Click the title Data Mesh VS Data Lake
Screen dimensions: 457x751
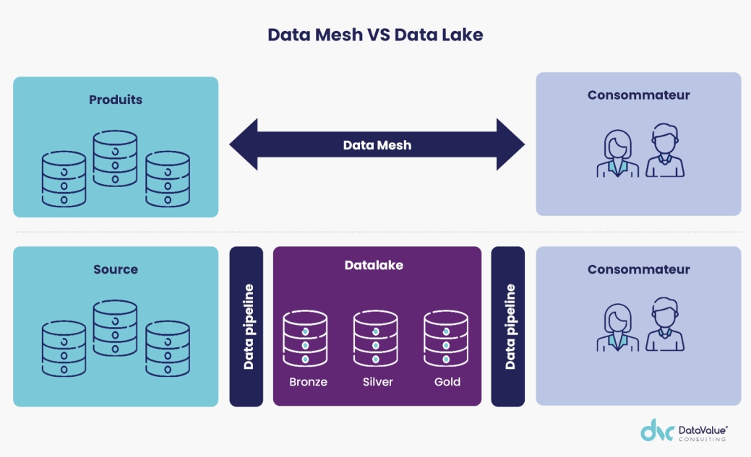(x=375, y=35)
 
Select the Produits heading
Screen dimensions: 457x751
(x=116, y=100)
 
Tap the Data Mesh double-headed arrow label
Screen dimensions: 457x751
(x=377, y=145)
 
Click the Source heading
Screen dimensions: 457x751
(x=116, y=269)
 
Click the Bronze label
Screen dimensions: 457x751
(x=308, y=382)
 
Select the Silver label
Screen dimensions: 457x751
(x=377, y=382)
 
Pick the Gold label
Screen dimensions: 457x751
(x=447, y=382)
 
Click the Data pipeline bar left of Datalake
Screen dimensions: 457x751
(x=246, y=326)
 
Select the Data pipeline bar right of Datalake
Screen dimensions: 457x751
(x=508, y=326)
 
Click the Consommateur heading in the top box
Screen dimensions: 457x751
(x=638, y=95)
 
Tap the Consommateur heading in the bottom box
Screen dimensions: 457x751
(x=638, y=269)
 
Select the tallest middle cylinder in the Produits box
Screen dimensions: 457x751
(x=115, y=160)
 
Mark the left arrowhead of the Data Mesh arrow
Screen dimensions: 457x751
(x=244, y=144)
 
